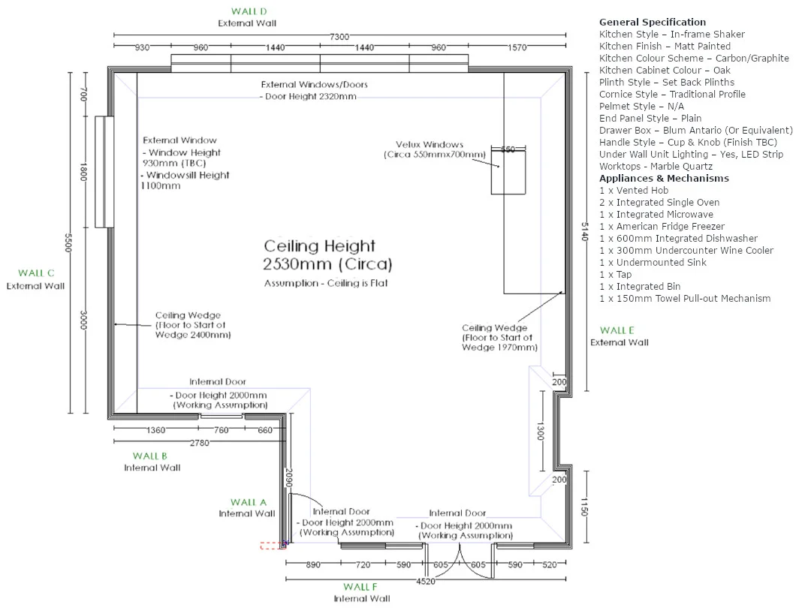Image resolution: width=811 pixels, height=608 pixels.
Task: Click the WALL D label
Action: (249, 11)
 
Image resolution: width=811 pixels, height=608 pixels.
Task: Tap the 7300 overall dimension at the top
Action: (339, 37)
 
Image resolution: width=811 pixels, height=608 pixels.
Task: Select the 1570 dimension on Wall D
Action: (517, 47)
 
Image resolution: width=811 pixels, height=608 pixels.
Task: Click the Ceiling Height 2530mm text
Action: (327, 255)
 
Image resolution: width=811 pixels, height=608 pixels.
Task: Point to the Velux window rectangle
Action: (508, 170)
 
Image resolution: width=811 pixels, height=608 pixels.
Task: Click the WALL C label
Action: (36, 273)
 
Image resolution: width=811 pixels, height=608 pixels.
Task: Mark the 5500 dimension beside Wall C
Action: (68, 242)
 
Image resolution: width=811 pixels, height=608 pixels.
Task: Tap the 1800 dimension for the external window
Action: (83, 172)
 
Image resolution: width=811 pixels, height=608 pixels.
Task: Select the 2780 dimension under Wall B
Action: (200, 443)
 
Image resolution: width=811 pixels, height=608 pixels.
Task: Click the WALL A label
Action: (249, 502)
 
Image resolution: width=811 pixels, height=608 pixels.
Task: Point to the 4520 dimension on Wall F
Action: (426, 581)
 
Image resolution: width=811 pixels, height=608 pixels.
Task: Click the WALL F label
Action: (360, 587)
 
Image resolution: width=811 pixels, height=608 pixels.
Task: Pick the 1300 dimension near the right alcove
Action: (541, 431)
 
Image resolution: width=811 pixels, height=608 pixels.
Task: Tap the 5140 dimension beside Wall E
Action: (584, 232)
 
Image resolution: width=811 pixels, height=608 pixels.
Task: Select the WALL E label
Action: (617, 330)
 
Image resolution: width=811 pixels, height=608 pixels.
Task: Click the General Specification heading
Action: (653, 23)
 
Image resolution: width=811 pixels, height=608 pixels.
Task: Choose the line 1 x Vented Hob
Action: (634, 190)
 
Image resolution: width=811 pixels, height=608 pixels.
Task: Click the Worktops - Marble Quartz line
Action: (656, 167)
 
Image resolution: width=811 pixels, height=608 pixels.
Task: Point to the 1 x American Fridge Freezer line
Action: (662, 227)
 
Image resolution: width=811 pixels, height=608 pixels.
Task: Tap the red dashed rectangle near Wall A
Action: (273, 546)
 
